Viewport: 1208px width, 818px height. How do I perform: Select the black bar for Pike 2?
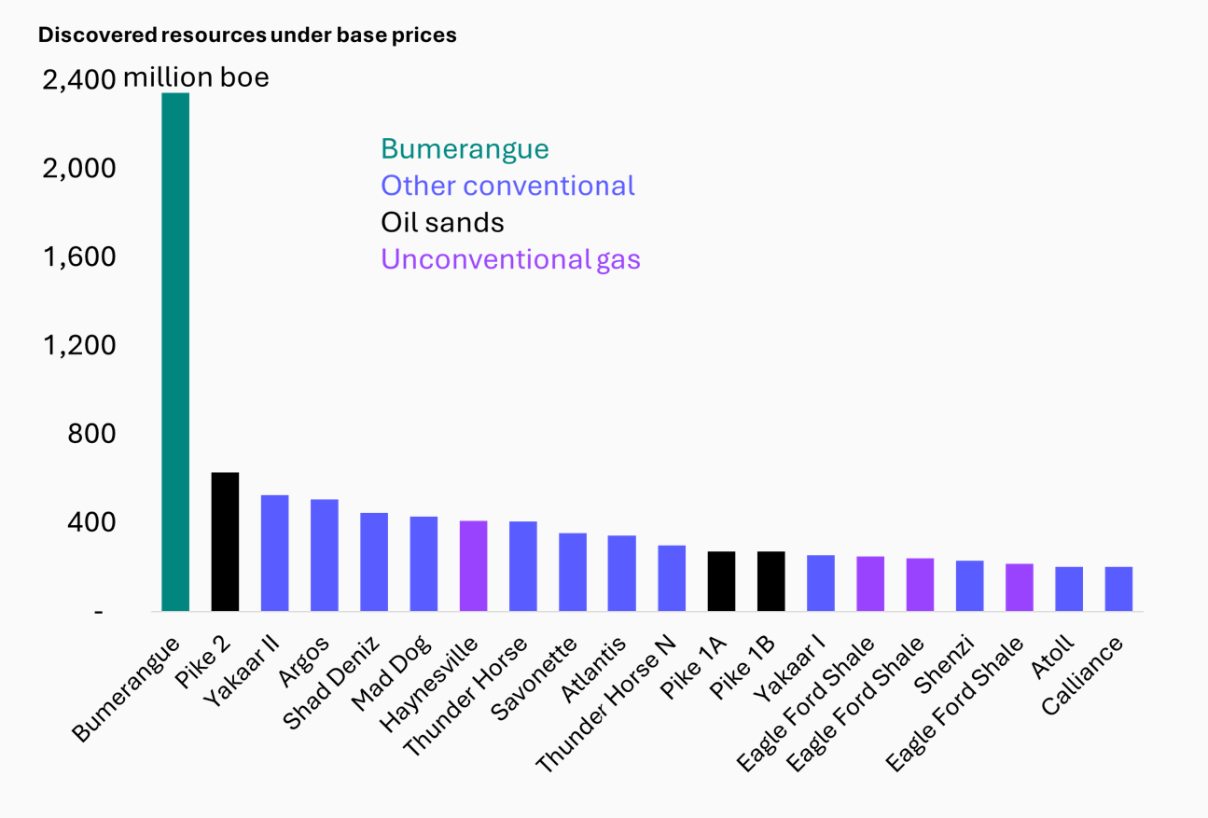(225, 542)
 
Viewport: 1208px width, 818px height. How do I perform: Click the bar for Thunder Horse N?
(672, 578)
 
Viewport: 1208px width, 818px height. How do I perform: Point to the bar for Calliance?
(1118, 589)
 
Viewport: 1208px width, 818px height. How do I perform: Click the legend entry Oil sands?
(442, 222)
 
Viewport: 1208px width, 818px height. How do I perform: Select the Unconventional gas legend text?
(510, 259)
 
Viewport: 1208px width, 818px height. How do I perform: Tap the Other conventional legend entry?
(507, 186)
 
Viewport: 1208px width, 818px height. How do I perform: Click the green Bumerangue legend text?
(465, 149)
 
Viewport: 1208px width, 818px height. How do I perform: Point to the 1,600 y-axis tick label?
(79, 257)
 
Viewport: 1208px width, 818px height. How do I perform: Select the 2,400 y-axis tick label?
(79, 81)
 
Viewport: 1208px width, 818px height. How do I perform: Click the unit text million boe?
(197, 77)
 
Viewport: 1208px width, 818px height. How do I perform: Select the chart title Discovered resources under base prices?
(247, 35)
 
